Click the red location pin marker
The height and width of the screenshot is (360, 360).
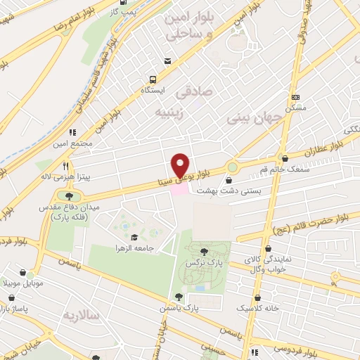point(181,165)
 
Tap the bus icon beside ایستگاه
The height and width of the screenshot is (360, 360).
point(151,80)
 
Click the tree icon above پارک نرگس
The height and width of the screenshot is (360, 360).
point(203,251)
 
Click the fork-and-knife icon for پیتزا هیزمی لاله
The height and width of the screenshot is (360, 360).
point(65,167)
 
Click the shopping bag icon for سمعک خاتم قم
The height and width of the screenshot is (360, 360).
point(283,159)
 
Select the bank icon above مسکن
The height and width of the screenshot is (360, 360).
point(296,97)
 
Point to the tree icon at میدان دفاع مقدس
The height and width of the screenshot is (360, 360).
point(68,195)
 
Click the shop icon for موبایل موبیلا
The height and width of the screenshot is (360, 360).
point(25,273)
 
